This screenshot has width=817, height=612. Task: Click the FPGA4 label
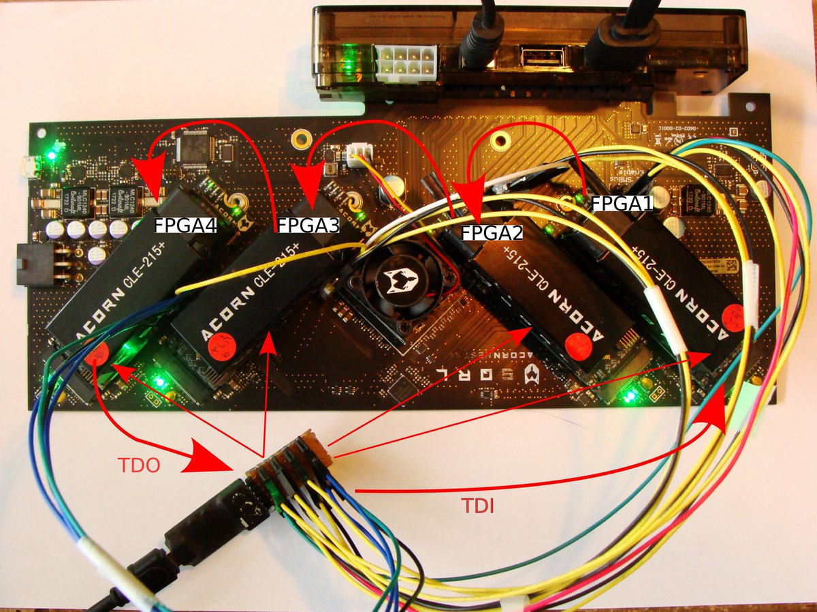coord(185,226)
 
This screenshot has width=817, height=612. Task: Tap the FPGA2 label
coord(492,232)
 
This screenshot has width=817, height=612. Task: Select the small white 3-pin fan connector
coord(357,155)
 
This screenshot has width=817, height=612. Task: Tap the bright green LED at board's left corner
coord(52,155)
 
